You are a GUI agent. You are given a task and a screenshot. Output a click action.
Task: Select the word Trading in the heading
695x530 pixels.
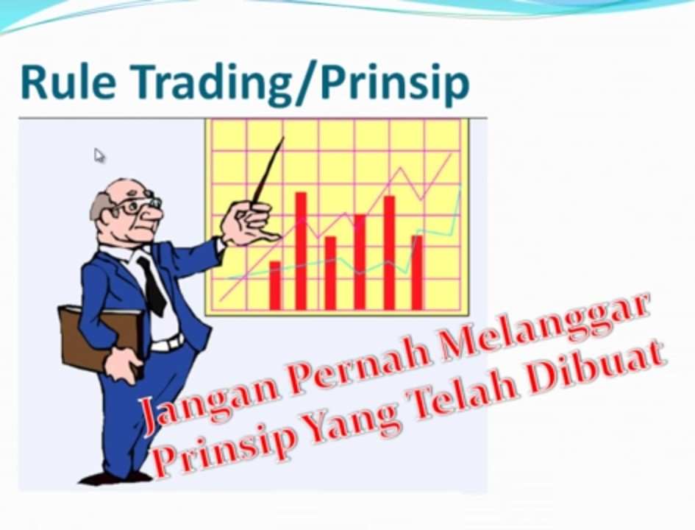pos(212,83)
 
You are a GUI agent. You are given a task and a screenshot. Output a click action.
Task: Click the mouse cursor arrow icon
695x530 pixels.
pos(99,155)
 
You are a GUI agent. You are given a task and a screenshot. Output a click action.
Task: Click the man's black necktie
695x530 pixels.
pos(152,286)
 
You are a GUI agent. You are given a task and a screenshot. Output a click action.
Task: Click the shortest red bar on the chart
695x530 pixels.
pos(275,286)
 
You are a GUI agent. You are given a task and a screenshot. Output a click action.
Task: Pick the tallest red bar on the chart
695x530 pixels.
pos(301,251)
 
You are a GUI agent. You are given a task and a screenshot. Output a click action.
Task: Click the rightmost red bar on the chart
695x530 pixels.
pos(418,272)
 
